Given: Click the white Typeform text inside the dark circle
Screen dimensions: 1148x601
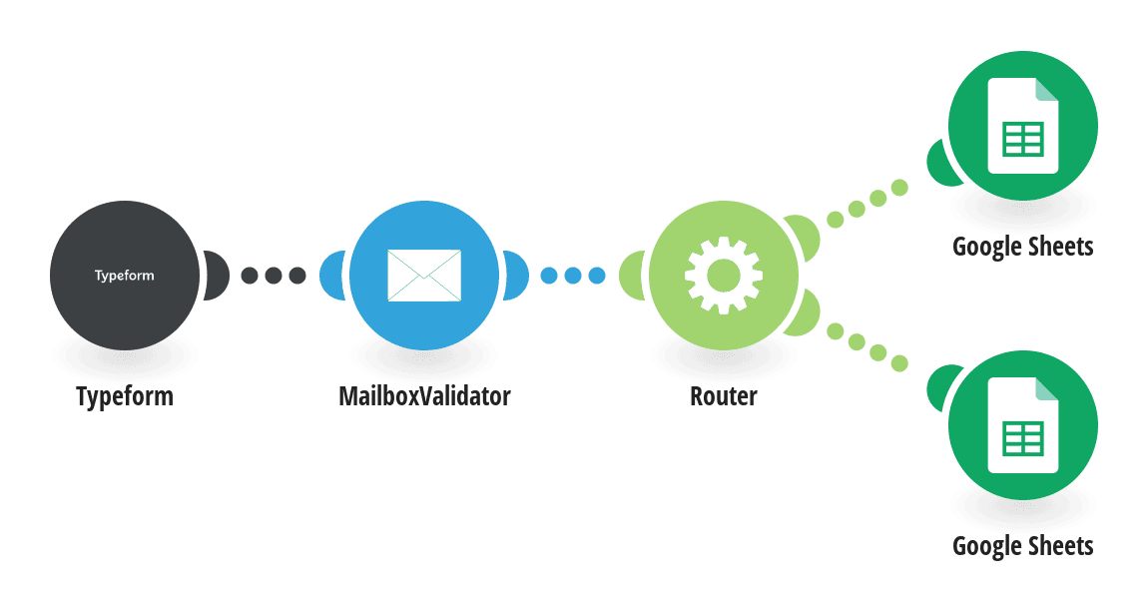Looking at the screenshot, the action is [x=125, y=276].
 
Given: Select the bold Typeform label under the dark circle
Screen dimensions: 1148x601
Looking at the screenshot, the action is [x=125, y=396].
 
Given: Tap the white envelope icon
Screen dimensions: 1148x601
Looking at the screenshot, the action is [x=424, y=276].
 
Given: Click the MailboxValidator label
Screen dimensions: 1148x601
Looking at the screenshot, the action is [x=424, y=396].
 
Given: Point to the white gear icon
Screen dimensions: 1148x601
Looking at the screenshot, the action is [x=724, y=276].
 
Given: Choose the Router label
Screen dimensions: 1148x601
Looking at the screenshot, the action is [x=724, y=396].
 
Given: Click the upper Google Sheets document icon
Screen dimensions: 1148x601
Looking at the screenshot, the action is [x=1023, y=125].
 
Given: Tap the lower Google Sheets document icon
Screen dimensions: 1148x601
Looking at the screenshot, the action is [x=1023, y=425].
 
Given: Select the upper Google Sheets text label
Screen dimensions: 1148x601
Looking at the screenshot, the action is [x=1023, y=247].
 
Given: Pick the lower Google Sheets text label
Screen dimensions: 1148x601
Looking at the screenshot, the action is [x=1023, y=546].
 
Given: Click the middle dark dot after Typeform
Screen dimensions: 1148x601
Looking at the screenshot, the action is [x=274, y=276].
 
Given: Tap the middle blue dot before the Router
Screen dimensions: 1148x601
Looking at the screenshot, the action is [x=573, y=276].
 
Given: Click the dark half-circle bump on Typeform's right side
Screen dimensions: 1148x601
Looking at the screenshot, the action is [x=217, y=276].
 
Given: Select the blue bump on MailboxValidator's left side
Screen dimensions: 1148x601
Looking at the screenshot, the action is [x=331, y=276].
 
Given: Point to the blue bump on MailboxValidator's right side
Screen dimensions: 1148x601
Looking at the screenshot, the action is [x=516, y=276].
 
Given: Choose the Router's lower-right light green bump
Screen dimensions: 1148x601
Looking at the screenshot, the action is [x=804, y=314].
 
